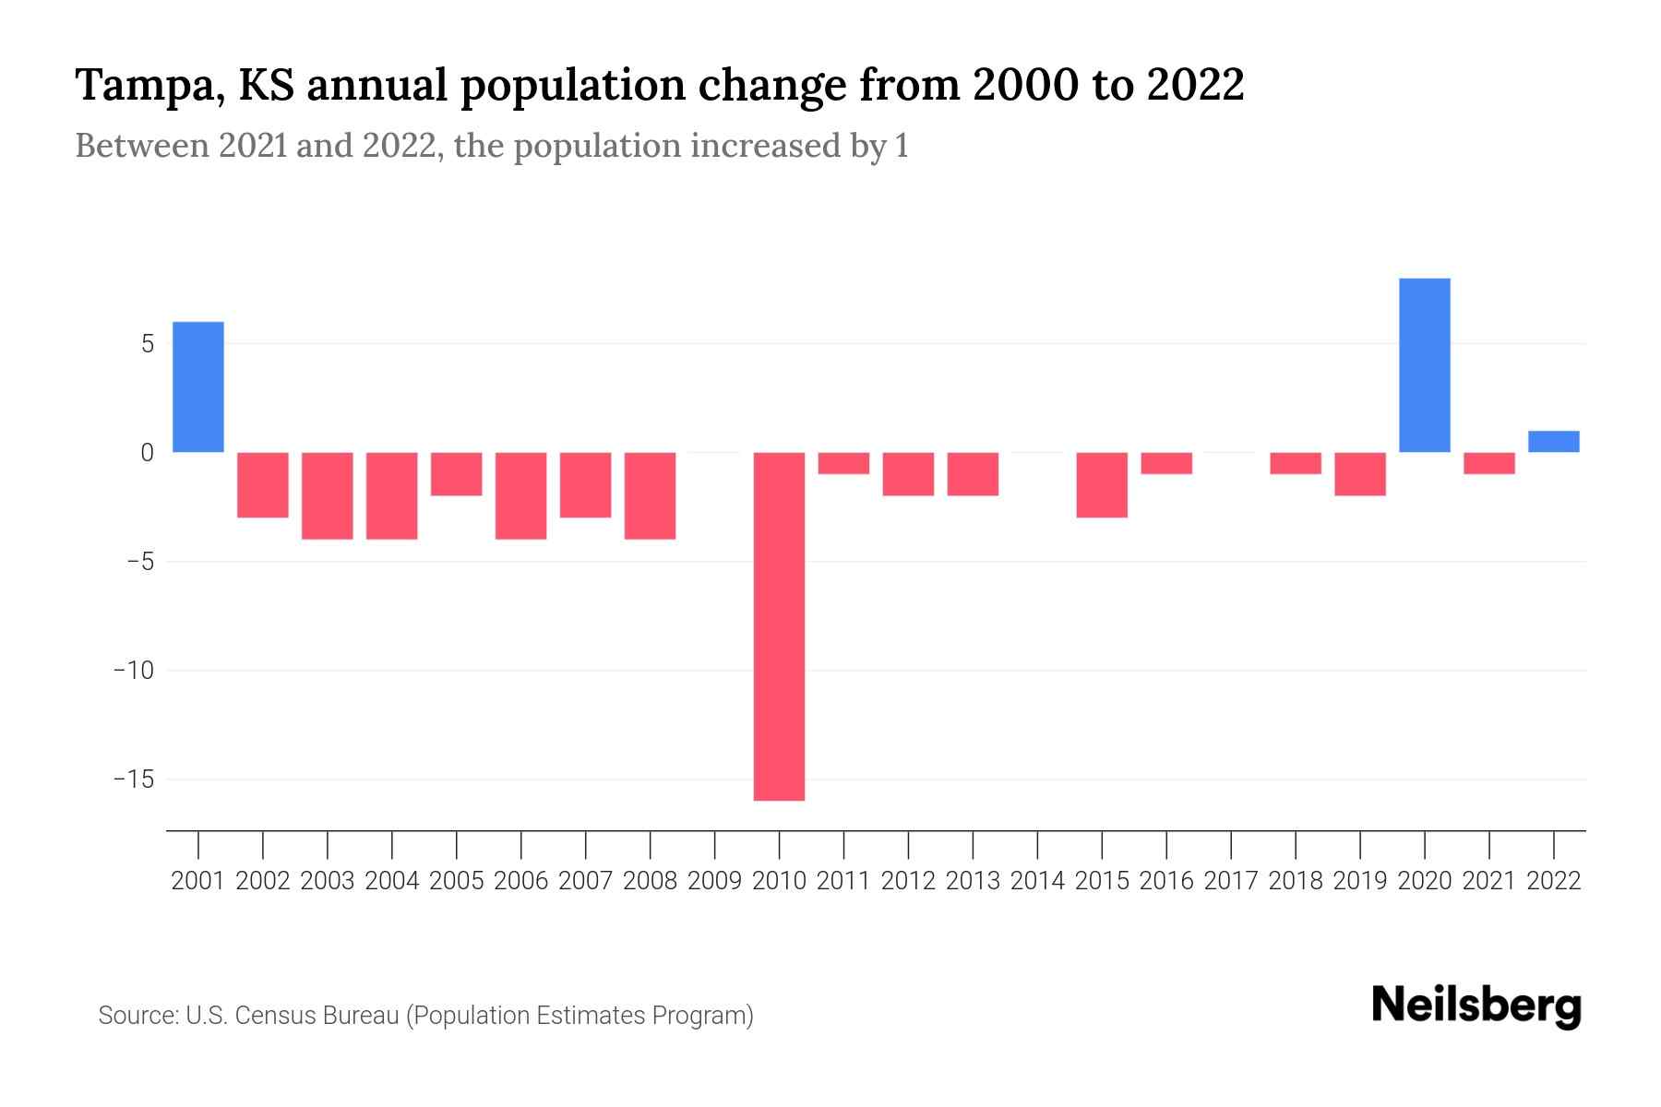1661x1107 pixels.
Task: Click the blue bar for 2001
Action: pos(198,387)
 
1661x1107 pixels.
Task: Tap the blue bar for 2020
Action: pos(1425,365)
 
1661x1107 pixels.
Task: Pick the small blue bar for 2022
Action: pos(1554,442)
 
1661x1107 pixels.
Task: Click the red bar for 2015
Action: pos(1102,484)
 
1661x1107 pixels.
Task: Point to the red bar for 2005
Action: pos(457,473)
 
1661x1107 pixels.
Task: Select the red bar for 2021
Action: pos(1489,463)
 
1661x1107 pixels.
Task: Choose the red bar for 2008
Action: pos(651,495)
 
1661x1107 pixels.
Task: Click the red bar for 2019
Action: pos(1360,473)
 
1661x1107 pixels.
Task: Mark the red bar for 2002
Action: pos(263,484)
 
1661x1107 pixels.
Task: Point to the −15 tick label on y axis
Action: pos(133,780)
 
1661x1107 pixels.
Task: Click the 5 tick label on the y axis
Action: pos(147,344)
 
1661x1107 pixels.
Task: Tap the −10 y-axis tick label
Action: pos(133,671)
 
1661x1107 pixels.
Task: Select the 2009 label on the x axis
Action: pos(715,881)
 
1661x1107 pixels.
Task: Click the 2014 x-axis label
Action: pos(1037,881)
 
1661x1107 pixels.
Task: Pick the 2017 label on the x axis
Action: pos(1231,881)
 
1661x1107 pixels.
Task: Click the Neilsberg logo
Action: pos(1476,1006)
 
